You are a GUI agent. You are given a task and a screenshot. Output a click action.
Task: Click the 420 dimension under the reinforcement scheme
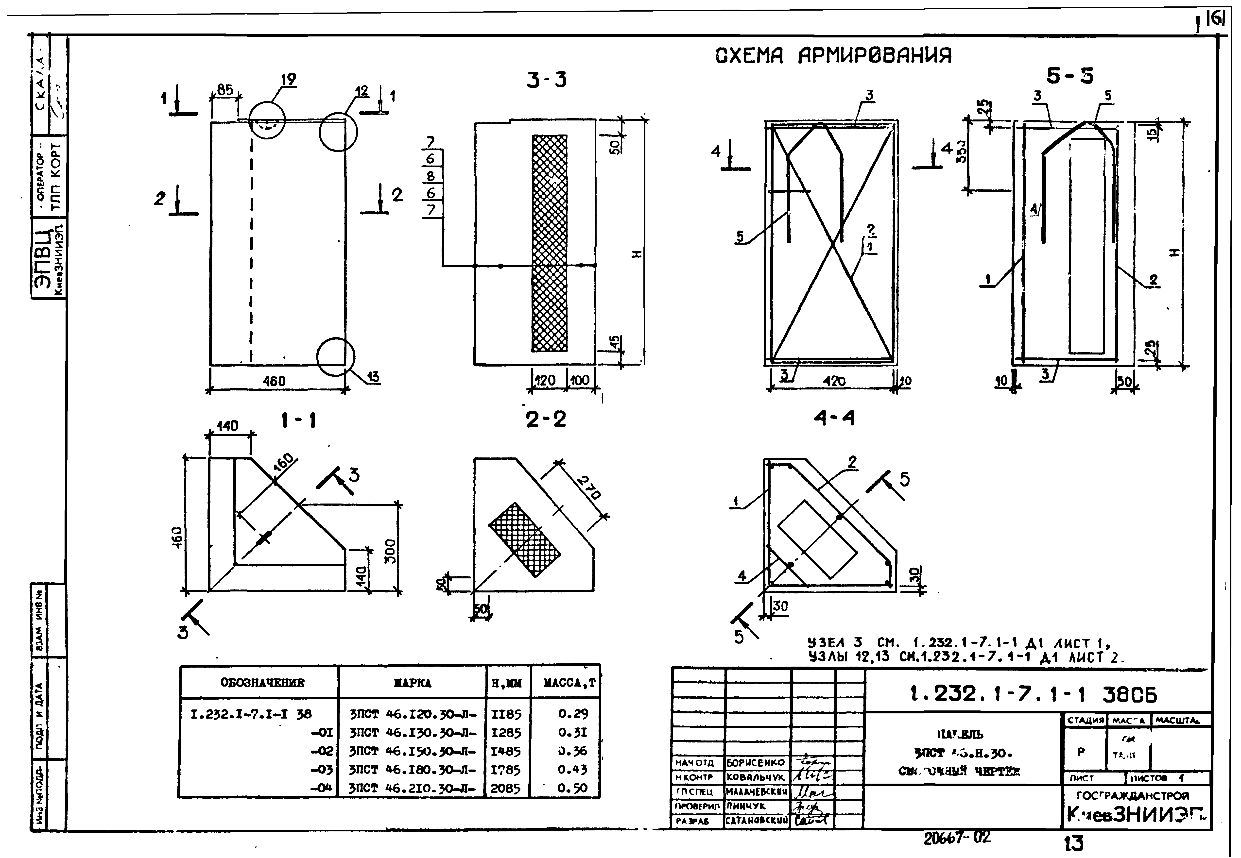coord(834,381)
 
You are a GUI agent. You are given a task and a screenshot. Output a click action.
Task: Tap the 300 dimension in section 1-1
coord(391,551)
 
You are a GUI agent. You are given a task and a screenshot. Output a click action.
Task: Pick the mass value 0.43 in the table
coord(572,769)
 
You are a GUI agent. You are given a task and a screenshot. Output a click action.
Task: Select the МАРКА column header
coord(413,683)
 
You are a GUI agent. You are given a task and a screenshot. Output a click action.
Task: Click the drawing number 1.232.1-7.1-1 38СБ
coord(1032,695)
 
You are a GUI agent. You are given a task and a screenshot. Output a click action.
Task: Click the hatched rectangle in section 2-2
coord(524,540)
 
